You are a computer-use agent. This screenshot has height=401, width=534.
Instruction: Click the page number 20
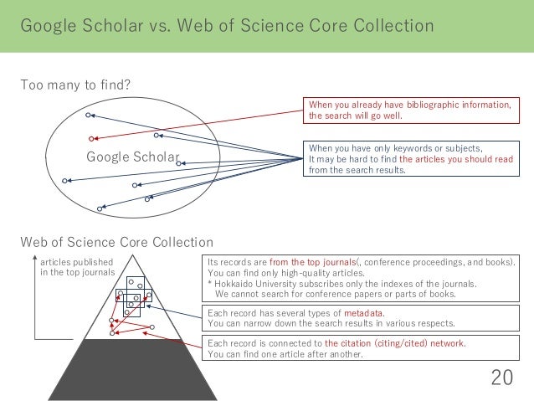[x=501, y=378]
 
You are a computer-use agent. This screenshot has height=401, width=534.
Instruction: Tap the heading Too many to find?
[x=76, y=85]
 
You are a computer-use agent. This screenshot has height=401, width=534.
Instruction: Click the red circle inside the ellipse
[x=91, y=137]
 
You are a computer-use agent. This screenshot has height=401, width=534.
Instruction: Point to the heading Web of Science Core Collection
[x=116, y=243]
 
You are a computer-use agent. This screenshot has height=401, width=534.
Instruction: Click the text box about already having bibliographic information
[x=410, y=111]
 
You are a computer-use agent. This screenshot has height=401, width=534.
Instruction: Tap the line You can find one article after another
[x=285, y=354]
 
